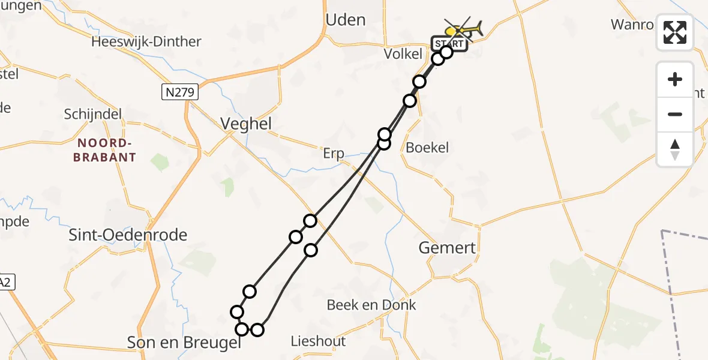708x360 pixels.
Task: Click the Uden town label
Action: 345,20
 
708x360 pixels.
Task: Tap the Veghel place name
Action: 246,124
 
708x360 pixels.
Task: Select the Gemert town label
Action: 447,248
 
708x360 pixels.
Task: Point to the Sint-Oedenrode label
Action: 128,235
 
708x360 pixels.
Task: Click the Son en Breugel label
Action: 184,343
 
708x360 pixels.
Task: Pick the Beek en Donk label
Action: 371,305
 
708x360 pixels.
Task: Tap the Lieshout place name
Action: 318,341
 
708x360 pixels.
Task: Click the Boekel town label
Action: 427,147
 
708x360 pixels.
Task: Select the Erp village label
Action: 334,154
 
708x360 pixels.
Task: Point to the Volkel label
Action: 403,54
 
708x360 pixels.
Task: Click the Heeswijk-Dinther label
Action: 146,42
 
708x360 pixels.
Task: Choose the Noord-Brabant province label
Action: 104,150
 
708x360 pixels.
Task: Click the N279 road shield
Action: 180,92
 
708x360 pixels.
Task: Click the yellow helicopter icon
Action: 463,28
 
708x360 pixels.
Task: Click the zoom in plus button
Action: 675,79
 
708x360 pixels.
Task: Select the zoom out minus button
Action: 675,114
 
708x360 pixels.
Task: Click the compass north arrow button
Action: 675,149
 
